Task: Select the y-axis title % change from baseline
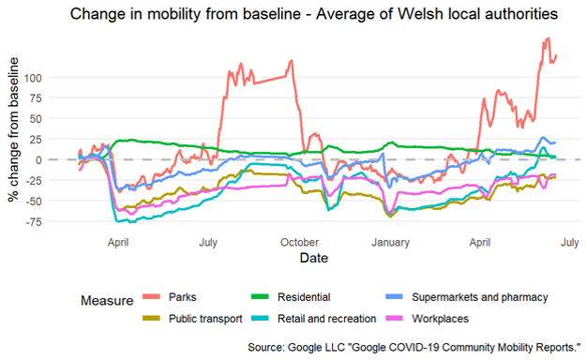(13, 128)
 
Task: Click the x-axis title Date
(313, 257)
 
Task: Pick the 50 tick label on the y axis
(59, 118)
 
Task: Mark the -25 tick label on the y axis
(56, 180)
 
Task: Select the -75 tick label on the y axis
(56, 221)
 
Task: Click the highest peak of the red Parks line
(546, 39)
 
